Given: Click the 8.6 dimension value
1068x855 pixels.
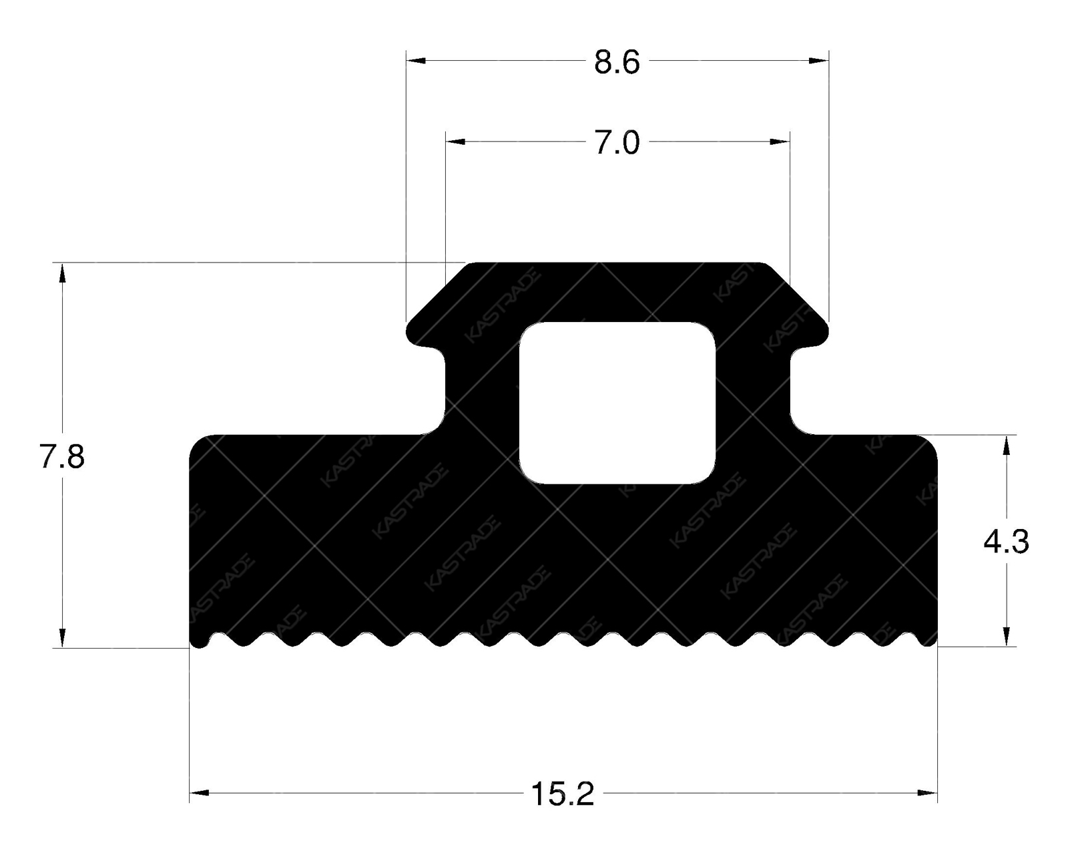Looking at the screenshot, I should point(617,62).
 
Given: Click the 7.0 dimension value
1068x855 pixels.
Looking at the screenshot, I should point(617,143).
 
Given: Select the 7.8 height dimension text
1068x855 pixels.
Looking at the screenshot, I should point(61,458).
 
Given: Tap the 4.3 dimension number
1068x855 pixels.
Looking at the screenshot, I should point(1006,542).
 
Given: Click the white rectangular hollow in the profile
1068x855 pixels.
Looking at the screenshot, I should point(617,403).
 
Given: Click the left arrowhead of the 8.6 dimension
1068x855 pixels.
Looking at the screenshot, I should point(416,61).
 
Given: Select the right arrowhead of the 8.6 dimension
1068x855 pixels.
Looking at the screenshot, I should point(819,61).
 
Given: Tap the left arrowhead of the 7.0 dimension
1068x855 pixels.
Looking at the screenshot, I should point(455,142).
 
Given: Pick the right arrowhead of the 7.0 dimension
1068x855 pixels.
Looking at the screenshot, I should point(780,142).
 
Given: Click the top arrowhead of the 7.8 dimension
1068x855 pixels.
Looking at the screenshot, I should point(62,273).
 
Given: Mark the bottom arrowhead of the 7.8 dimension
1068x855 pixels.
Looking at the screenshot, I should point(62,638).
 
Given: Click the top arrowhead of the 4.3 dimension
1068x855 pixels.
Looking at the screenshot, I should point(1007,446).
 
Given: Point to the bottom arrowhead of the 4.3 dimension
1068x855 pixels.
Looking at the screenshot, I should point(1007,637).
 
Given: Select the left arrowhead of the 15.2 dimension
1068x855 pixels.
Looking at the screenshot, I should point(200,793).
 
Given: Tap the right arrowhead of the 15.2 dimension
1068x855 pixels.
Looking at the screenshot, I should point(928,793).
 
